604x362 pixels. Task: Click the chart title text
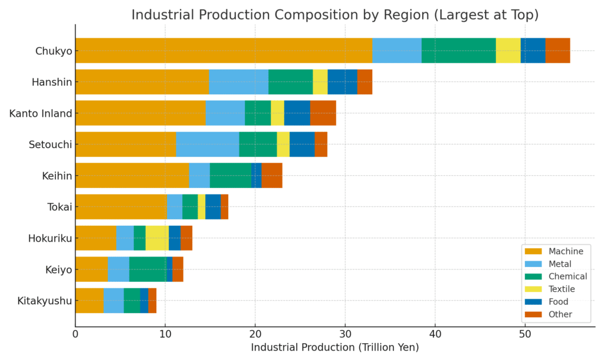[334, 14]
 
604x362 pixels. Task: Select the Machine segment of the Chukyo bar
[224, 51]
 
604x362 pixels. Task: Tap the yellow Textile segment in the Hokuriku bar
[157, 238]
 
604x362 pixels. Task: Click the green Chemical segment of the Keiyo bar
[147, 269]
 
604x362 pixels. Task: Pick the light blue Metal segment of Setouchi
[207, 144]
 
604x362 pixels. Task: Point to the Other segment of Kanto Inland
[323, 113]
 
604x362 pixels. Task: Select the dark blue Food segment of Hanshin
[342, 82]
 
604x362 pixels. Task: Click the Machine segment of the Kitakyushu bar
[89, 301]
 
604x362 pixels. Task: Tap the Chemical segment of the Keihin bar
[230, 176]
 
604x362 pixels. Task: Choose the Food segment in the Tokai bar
[212, 207]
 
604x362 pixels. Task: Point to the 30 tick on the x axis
[345, 334]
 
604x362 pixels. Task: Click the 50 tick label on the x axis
[525, 334]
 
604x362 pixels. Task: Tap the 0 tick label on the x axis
[75, 334]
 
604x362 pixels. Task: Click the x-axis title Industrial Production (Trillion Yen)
[334, 348]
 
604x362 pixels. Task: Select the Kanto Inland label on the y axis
[40, 113]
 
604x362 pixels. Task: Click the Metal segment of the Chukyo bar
[396, 51]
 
